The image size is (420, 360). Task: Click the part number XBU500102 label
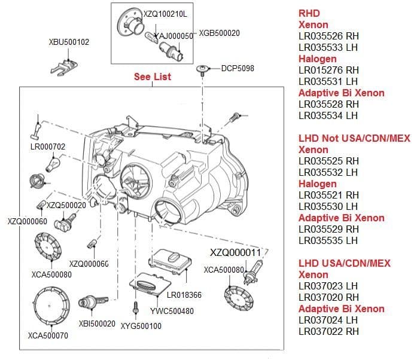69,42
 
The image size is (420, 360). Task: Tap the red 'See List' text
153,77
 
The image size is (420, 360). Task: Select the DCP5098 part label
238,68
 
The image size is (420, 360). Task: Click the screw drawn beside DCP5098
202,71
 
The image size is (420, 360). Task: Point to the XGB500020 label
219,33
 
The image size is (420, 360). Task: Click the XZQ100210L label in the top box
166,13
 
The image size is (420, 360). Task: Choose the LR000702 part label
47,147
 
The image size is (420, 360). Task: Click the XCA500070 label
48,335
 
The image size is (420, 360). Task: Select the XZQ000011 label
236,252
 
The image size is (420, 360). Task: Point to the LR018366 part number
184,295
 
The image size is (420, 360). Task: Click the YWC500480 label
172,311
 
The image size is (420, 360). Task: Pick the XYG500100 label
141,326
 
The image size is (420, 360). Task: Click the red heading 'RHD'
309,13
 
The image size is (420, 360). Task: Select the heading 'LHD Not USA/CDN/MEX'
354,138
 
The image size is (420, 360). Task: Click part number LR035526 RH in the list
328,36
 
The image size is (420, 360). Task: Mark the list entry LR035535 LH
328,240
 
